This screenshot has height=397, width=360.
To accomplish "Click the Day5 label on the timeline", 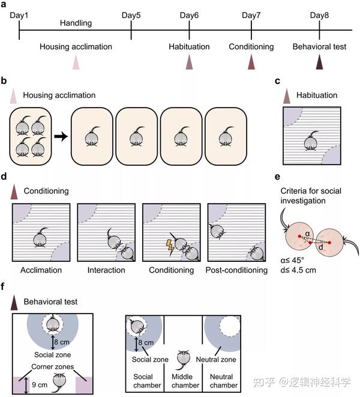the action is coord(131,15).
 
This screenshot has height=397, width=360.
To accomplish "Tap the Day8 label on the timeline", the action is coord(319,15).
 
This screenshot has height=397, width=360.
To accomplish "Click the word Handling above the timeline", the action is coord(76,23).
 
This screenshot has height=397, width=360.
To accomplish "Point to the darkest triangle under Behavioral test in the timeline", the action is coord(319,62).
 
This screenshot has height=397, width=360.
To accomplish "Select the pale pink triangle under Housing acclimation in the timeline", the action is coord(76,62).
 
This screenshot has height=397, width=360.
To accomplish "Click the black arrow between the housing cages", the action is coord(61,137).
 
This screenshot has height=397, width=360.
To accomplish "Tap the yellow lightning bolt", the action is coord(170,247).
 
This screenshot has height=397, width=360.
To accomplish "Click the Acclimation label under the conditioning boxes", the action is coord(41,270).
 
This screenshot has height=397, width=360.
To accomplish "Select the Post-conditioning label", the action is coord(236,270).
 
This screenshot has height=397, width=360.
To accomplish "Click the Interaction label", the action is coord(106,270).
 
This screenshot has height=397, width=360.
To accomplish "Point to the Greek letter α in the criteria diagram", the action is coord(307,234).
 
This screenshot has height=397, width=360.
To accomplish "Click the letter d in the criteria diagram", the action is coord(321,247).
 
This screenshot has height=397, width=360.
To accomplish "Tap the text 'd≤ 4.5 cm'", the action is coord(298,270).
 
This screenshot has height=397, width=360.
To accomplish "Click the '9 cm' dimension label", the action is coord(40,385).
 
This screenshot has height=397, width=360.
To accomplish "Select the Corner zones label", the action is coord(53,366).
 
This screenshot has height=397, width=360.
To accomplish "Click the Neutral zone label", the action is coord(216,360).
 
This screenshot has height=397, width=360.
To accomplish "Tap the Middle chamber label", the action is coord(185,381).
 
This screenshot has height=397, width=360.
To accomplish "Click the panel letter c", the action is coord(278,81).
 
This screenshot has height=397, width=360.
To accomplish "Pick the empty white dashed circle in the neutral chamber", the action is coord(230,326).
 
